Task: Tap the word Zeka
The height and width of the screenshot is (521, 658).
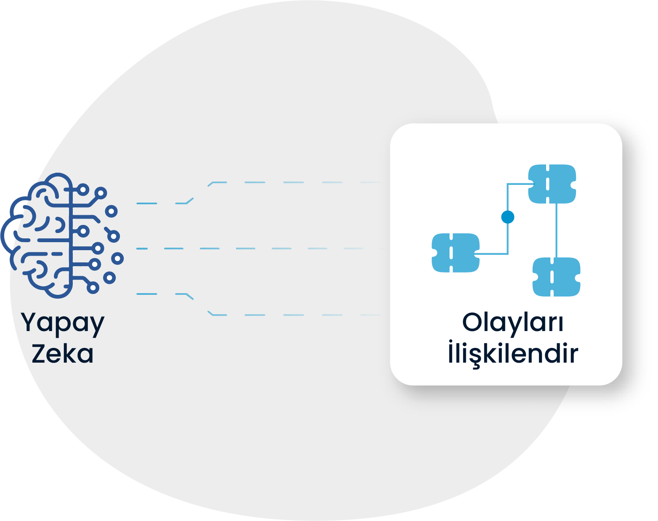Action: tap(63, 354)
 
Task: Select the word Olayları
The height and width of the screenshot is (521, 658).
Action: tap(513, 323)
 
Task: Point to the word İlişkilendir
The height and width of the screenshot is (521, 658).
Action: tap(513, 354)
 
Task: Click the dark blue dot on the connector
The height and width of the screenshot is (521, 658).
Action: tap(508, 217)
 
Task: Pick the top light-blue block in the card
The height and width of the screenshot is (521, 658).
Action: tap(552, 184)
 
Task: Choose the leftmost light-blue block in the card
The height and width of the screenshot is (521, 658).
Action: tap(456, 253)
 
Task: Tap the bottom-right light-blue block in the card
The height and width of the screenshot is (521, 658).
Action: tap(556, 277)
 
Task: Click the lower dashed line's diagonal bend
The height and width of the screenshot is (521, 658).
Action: tap(200, 304)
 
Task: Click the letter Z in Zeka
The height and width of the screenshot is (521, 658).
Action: tap(39, 354)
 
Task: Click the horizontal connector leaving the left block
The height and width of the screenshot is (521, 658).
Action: tap(492, 254)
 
